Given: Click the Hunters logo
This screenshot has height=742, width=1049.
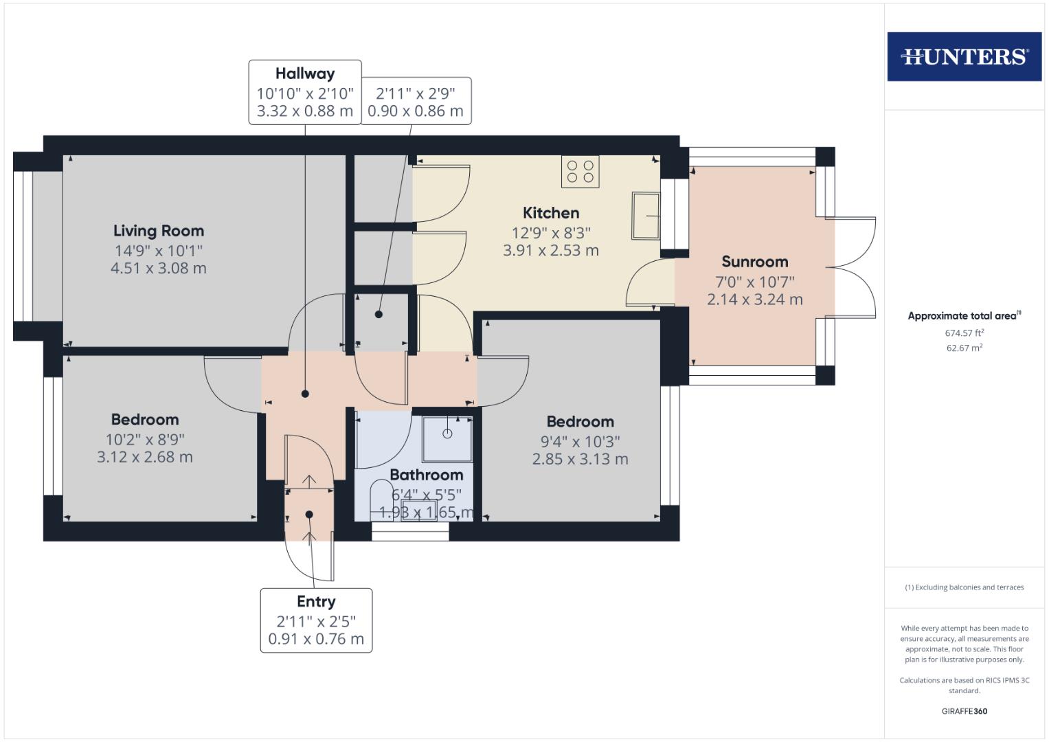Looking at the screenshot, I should coord(964,56).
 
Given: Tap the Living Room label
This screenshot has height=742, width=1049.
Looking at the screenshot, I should coord(159,231).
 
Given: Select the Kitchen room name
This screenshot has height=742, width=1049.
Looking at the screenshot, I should coord(551,213).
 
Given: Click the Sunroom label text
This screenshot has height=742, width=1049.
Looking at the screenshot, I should coord(754,262).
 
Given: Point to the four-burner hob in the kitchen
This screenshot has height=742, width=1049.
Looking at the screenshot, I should coord(580,172).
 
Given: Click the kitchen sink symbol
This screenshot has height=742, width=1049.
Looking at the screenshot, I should coord(645,216).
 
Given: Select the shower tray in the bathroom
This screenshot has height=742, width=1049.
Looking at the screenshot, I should coord(447,438).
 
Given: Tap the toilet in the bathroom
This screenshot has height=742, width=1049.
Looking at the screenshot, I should coord(379,498).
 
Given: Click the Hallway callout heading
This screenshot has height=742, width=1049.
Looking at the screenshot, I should coord(305,74).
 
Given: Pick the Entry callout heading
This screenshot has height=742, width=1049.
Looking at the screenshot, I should coord(316,602).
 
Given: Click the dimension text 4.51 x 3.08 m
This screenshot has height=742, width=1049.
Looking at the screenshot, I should coord(159,269).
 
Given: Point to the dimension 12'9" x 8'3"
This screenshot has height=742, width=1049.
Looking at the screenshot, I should coord(551,232).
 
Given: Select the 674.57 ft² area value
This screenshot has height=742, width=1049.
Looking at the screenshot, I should coord(964,333).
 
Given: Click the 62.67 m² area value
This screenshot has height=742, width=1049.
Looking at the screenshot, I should coord(964,348).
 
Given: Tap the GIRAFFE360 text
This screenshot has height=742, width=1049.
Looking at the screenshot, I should coord(964,711).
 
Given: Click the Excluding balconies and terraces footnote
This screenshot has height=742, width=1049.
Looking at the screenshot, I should coord(964,587).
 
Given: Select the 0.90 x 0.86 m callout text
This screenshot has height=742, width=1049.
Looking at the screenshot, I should coord(416,111).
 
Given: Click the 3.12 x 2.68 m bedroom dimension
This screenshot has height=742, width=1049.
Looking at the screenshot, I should coord(145,457).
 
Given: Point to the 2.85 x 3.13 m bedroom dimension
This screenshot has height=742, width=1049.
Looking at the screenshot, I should coord(580,459).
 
